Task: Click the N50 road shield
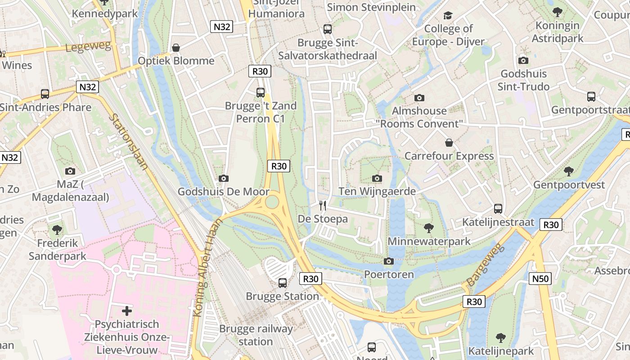[540, 279]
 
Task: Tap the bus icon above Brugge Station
[283, 283]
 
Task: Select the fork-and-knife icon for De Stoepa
[322, 206]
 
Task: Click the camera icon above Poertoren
[389, 261]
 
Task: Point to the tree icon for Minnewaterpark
[429, 228]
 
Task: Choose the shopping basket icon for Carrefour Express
[449, 143]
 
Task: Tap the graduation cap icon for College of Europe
[448, 16]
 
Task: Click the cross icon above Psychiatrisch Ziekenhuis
[127, 310]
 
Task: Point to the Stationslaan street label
[129, 141]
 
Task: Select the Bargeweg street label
[486, 265]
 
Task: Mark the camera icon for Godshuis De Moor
[223, 179]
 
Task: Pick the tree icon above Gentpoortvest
[569, 171]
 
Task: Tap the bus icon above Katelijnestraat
[498, 209]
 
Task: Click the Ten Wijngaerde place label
[377, 192]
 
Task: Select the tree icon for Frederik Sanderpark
[57, 230]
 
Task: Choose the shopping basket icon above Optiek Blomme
[176, 48]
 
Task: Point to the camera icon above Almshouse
[419, 98]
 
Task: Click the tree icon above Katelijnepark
[500, 338]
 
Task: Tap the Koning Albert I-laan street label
[207, 268]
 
